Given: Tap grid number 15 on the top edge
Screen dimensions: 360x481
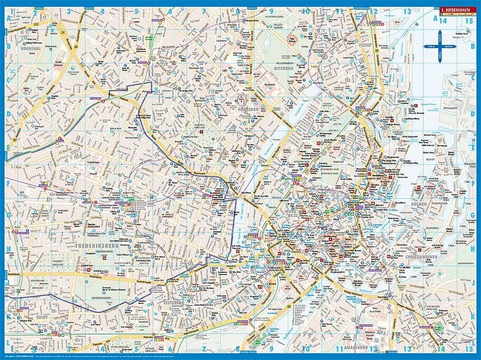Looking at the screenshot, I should click(469, 21).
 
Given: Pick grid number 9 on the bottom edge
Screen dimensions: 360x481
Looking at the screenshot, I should click(271, 349).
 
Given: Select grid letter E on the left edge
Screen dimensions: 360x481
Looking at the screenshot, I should click(8, 149).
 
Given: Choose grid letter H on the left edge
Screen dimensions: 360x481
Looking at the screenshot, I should click(8, 248).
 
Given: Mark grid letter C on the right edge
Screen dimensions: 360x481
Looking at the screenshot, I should click(473, 80).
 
